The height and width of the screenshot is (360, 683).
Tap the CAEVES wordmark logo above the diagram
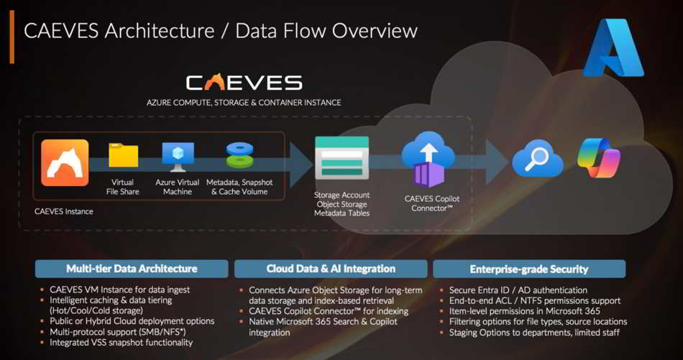click(244, 82)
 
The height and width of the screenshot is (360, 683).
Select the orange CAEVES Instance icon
click(65, 163)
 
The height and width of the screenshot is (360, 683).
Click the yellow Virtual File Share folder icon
click(123, 156)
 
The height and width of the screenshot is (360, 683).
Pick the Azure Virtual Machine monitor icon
click(177, 156)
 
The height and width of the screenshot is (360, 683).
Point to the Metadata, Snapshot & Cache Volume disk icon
click(239, 156)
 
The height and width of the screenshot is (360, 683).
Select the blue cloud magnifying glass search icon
click(537, 159)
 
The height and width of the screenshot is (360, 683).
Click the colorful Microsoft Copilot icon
click(599, 159)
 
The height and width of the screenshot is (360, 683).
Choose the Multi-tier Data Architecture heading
click(132, 269)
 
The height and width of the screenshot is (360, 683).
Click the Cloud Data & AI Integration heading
click(331, 269)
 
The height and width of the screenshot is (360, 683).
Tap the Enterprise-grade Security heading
click(528, 269)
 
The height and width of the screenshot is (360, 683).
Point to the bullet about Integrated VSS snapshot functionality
click(121, 343)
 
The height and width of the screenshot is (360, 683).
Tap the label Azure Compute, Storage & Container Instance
click(244, 103)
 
